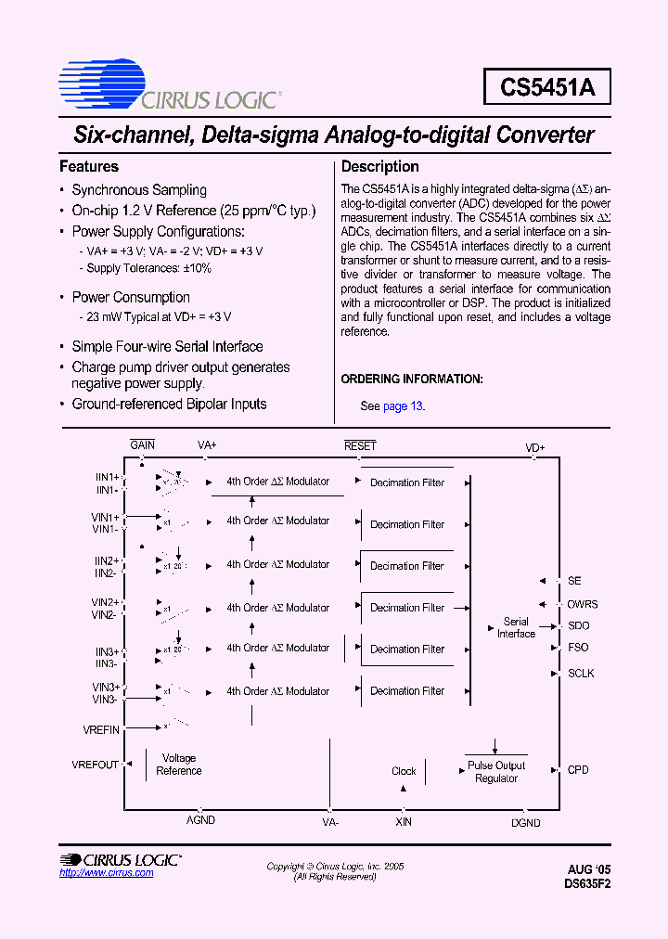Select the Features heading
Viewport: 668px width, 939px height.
tap(89, 167)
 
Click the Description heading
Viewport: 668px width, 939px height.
tap(380, 167)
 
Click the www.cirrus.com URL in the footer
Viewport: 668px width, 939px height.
tap(106, 873)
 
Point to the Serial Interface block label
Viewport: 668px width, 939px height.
tap(516, 628)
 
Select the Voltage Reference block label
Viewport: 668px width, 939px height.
tap(179, 765)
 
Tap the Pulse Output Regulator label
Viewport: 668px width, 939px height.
tap(496, 772)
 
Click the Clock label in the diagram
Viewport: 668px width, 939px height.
tap(404, 771)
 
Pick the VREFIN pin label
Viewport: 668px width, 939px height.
tap(101, 730)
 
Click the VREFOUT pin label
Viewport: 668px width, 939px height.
tap(96, 765)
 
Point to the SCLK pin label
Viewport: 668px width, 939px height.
tap(581, 674)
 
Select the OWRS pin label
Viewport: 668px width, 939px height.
tap(583, 604)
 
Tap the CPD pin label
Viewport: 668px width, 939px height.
tap(578, 770)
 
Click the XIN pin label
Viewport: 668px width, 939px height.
tap(404, 822)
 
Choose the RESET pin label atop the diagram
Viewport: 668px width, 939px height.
tap(360, 446)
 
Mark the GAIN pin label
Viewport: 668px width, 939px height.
tap(143, 445)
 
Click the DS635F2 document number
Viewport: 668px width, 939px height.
tap(587, 884)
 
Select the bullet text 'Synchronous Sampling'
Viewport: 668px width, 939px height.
tap(139, 190)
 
